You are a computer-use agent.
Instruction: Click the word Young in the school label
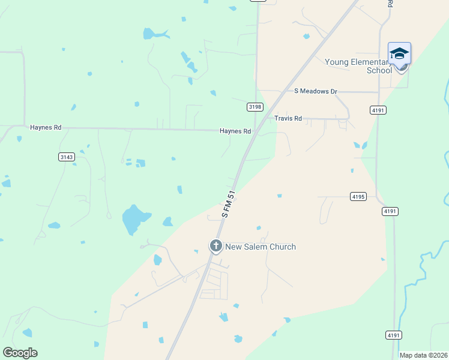337,62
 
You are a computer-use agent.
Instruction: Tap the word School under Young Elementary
379,70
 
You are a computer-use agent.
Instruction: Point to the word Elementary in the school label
372,62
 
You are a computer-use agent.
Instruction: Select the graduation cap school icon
399,54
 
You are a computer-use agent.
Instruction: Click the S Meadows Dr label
315,91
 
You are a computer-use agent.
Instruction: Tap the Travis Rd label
288,119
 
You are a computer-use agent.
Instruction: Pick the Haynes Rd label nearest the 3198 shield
235,131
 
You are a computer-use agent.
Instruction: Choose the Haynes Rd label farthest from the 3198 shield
46,128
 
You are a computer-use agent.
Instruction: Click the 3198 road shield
255,107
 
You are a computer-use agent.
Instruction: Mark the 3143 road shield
67,157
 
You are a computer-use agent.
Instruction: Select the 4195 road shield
358,196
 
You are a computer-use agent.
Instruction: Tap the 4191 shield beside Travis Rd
378,110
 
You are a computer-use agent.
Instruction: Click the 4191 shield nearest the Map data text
394,335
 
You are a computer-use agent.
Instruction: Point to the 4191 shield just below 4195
390,211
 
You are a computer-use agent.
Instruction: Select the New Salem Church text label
261,247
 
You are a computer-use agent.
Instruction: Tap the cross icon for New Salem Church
215,245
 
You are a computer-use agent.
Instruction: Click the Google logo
20,352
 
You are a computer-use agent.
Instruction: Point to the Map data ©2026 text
423,355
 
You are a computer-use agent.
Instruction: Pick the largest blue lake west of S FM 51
133,219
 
